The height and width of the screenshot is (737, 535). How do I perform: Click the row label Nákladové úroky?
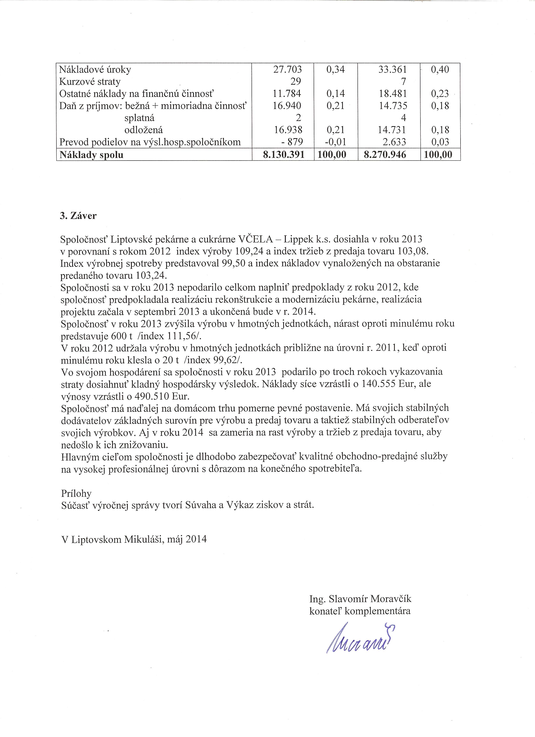(95, 70)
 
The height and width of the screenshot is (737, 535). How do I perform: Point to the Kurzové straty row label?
(90, 82)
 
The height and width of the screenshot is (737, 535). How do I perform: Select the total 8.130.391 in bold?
(284, 155)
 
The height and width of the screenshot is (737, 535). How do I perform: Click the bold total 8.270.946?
(385, 155)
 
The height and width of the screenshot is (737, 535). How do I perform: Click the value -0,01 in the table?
(335, 142)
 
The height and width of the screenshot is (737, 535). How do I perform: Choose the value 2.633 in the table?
(394, 142)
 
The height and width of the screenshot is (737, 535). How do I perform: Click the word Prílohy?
(76, 493)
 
